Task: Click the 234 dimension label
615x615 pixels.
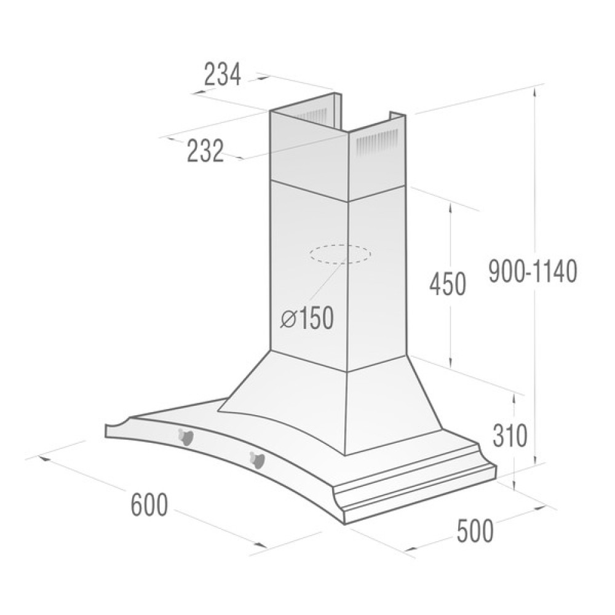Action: click(223, 75)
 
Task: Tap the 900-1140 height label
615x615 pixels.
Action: click(533, 271)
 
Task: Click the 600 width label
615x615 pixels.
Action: click(149, 506)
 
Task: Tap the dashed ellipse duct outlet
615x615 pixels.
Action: click(340, 254)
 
